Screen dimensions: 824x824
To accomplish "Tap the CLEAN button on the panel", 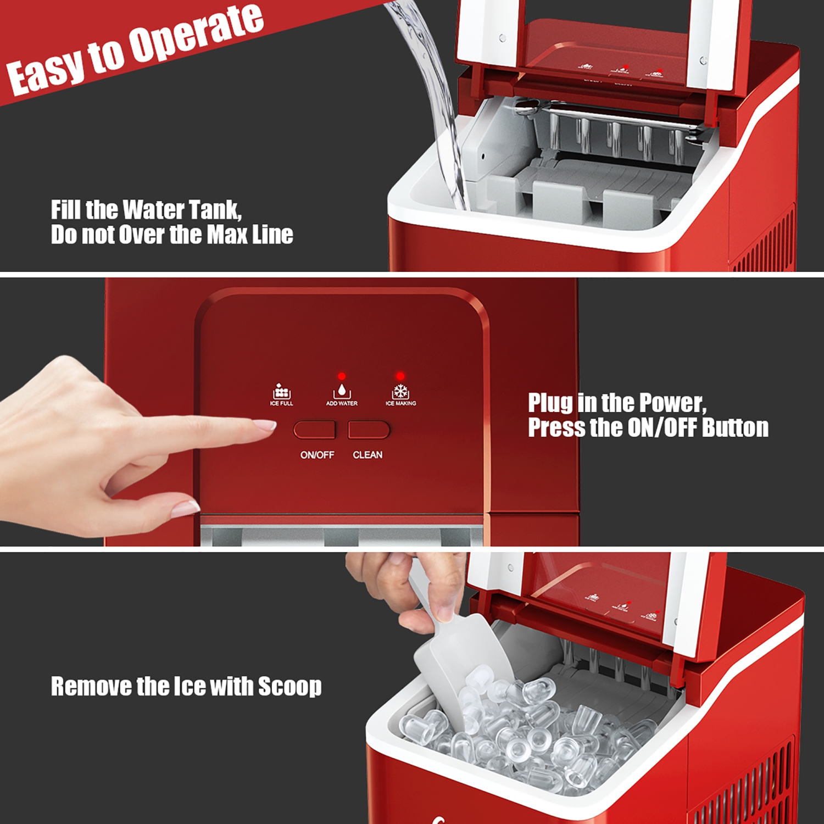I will coord(369,430).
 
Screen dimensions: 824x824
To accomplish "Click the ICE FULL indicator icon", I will coord(281,392).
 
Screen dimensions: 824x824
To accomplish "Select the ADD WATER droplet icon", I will coord(342,391).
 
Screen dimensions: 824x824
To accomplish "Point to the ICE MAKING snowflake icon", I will coord(400,392).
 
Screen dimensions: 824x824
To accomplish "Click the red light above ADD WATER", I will coord(342,376).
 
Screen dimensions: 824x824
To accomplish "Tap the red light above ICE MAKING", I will coord(400,376).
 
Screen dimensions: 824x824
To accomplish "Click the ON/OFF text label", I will coord(317,455).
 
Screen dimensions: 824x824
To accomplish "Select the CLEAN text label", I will coord(368,455).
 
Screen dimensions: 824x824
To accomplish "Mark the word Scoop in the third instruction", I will coord(289,687).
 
